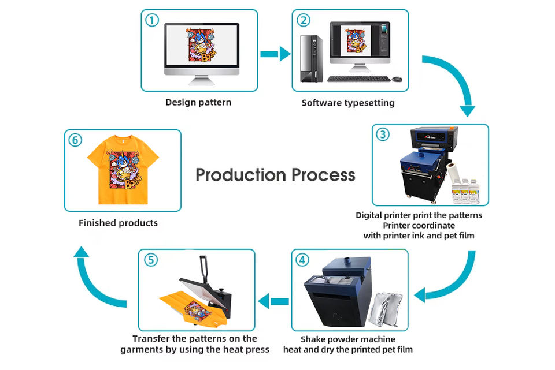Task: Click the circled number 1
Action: point(151,20)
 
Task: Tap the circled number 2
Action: point(304,20)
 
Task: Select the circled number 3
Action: point(383,134)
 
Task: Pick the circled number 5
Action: point(150,260)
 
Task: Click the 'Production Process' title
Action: point(275,174)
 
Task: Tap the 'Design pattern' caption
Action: point(198,102)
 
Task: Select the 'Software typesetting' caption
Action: point(348,103)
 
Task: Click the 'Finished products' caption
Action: point(118,223)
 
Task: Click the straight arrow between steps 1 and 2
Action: point(275,54)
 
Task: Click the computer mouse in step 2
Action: point(397,79)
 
